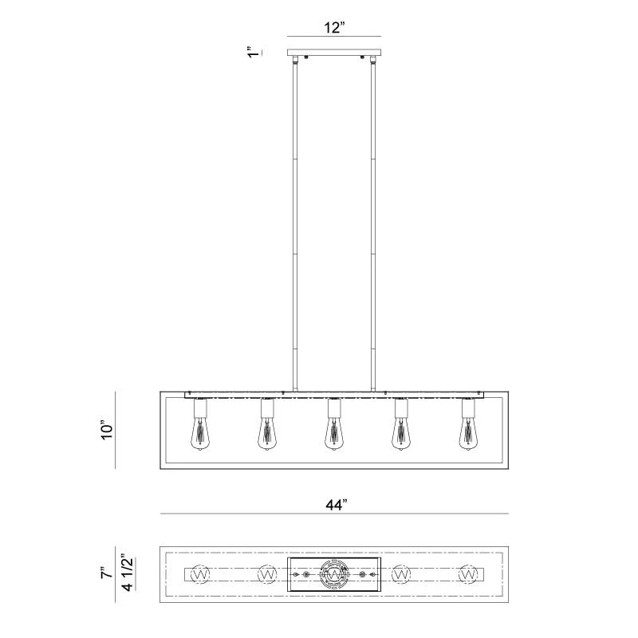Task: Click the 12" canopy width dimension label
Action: tap(334, 27)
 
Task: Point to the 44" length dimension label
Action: tap(336, 504)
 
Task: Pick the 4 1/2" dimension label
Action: tap(124, 573)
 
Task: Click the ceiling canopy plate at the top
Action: tap(334, 53)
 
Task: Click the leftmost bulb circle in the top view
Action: tap(200, 574)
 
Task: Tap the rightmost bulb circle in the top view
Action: tap(468, 574)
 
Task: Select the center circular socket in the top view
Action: tap(334, 574)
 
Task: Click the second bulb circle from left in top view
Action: tap(267, 574)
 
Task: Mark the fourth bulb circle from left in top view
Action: tap(401, 574)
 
